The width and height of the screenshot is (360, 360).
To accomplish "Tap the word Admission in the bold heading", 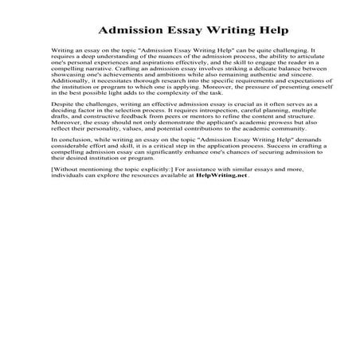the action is tap(128, 31).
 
